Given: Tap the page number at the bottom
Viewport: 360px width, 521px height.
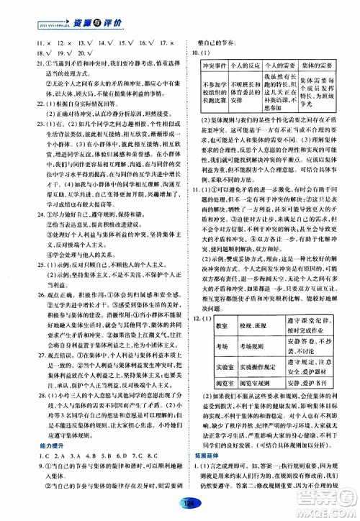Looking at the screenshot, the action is pyautogui.click(x=179, y=502).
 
